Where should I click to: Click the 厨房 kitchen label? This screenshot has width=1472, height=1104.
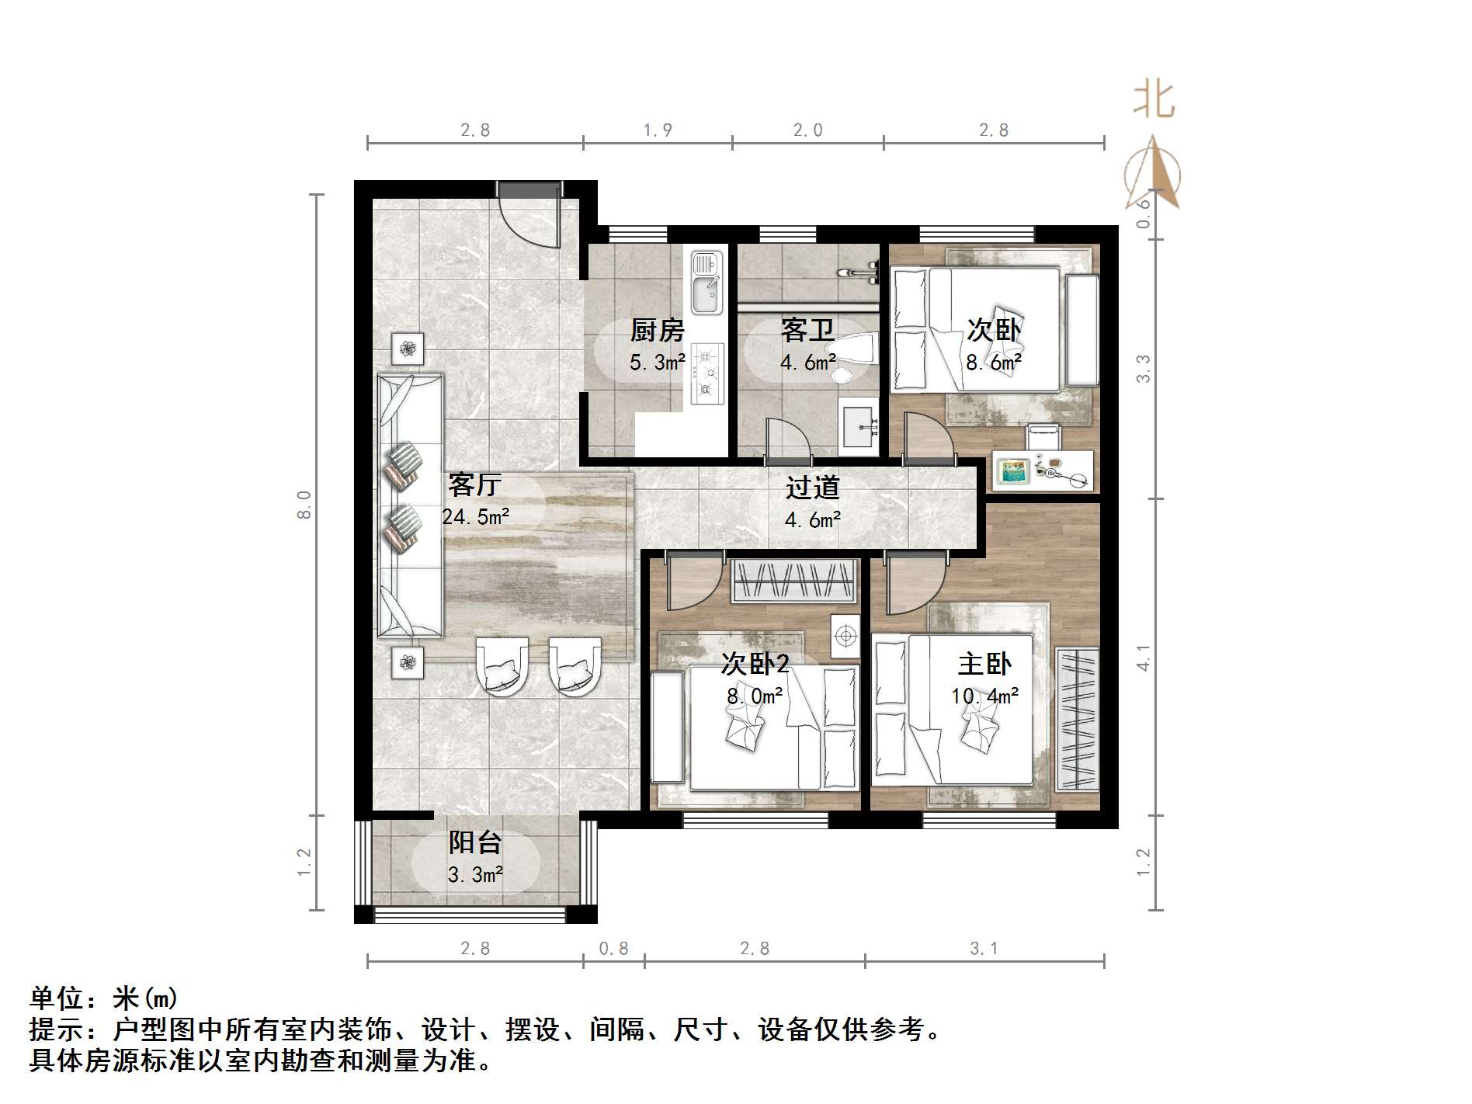657,331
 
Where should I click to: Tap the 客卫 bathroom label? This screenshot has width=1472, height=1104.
807,331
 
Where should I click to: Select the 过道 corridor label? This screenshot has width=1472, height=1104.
812,488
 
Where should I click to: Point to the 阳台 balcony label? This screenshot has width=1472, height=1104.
475,843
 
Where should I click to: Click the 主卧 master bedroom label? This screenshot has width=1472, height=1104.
984,665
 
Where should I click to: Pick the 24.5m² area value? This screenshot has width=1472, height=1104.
475,517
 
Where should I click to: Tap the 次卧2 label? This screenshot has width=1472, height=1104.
755,664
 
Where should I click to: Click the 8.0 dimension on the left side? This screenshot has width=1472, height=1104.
304,505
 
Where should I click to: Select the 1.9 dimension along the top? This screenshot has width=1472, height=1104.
657,130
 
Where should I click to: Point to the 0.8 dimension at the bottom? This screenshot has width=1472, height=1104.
613,949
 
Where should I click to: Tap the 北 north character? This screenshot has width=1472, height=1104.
1154,101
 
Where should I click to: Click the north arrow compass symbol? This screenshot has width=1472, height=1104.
1154,174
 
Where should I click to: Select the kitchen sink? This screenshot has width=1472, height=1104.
706,283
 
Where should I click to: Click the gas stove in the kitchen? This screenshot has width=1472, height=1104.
706,373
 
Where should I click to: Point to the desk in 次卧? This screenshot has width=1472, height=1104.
1042,470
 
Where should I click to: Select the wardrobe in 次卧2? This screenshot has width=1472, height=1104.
793,581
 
